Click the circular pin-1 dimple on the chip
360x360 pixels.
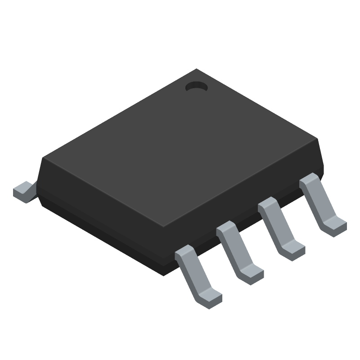pos(196,86)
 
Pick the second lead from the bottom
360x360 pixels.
pos(238,252)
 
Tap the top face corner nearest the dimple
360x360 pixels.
pos(196,70)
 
